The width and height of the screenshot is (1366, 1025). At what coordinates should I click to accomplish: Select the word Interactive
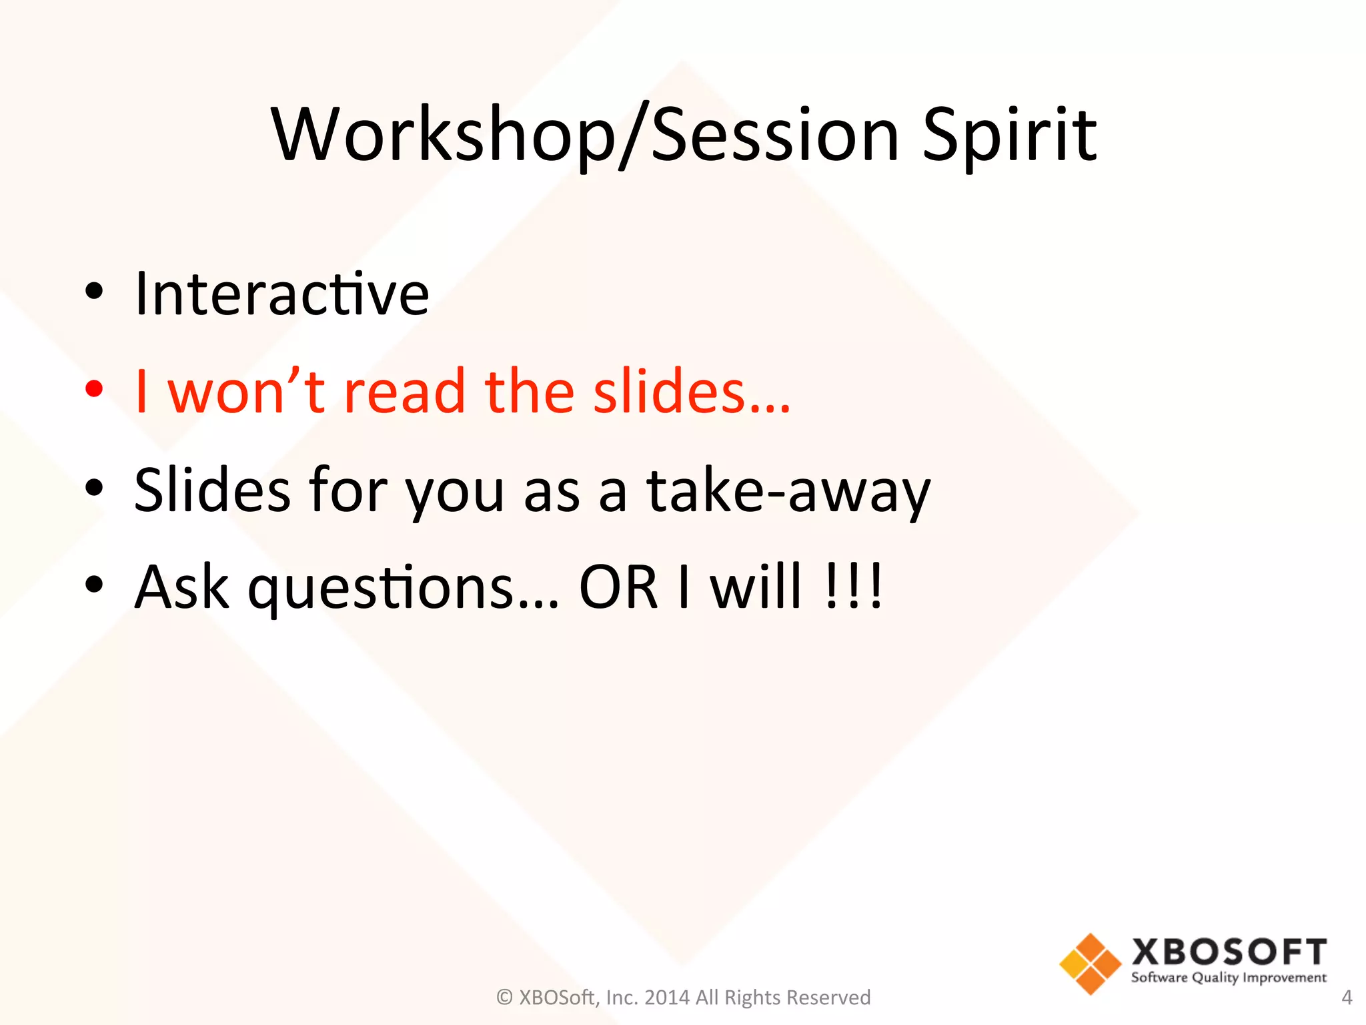[x=281, y=294]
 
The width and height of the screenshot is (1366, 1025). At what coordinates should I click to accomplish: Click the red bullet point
[x=94, y=389]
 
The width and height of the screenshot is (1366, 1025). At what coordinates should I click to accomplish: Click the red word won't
[x=246, y=392]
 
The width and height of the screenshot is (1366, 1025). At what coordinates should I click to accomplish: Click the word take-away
[x=788, y=491]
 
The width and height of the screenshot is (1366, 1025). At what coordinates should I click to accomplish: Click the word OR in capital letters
[x=618, y=587]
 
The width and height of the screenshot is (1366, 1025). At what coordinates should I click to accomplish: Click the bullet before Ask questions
[x=94, y=585]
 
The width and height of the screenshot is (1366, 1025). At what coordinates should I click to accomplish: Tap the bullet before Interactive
[x=94, y=292]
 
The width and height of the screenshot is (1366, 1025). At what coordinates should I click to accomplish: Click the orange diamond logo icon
[x=1090, y=964]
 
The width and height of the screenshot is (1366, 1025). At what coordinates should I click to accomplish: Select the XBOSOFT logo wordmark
[x=1229, y=952]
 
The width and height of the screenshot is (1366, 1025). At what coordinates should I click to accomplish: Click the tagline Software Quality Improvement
[x=1229, y=978]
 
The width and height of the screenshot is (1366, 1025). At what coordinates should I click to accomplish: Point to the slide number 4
[x=1346, y=998]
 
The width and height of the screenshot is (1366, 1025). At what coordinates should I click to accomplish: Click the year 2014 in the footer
[x=667, y=998]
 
